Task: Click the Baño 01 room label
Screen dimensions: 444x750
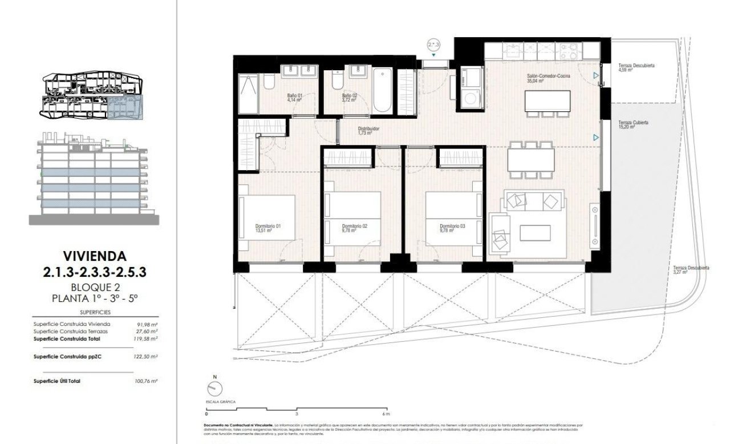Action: pos(294,95)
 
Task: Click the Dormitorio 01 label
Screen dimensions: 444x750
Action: pos(268,226)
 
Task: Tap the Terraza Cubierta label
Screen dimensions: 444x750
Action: pos(633,123)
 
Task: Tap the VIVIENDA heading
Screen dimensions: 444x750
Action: pos(95,256)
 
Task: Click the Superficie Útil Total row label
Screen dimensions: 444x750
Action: pos(57,381)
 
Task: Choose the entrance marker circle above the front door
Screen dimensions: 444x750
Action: pos(434,43)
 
